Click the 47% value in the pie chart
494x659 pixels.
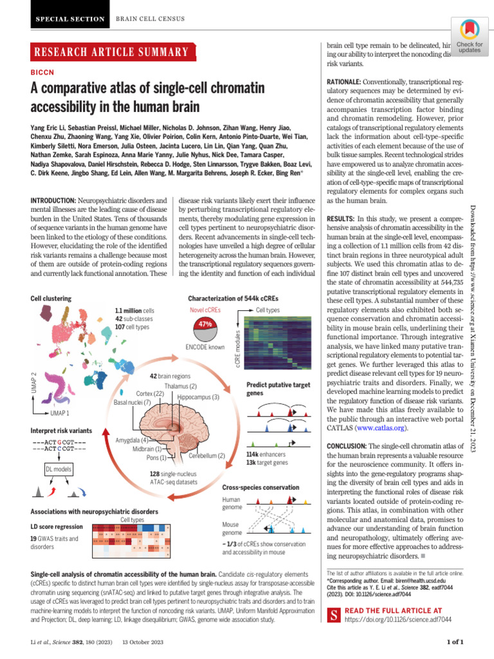[x=205, y=324]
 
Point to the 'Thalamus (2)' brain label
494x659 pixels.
[x=180, y=386]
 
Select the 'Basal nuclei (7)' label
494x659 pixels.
[x=133, y=402]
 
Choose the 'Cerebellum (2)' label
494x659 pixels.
[x=206, y=456]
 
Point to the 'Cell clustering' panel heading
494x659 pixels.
[x=51, y=299]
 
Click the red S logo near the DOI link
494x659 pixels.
[x=334, y=615]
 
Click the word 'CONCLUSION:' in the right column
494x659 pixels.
[x=347, y=446]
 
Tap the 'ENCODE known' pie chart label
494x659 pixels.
[x=205, y=347]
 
